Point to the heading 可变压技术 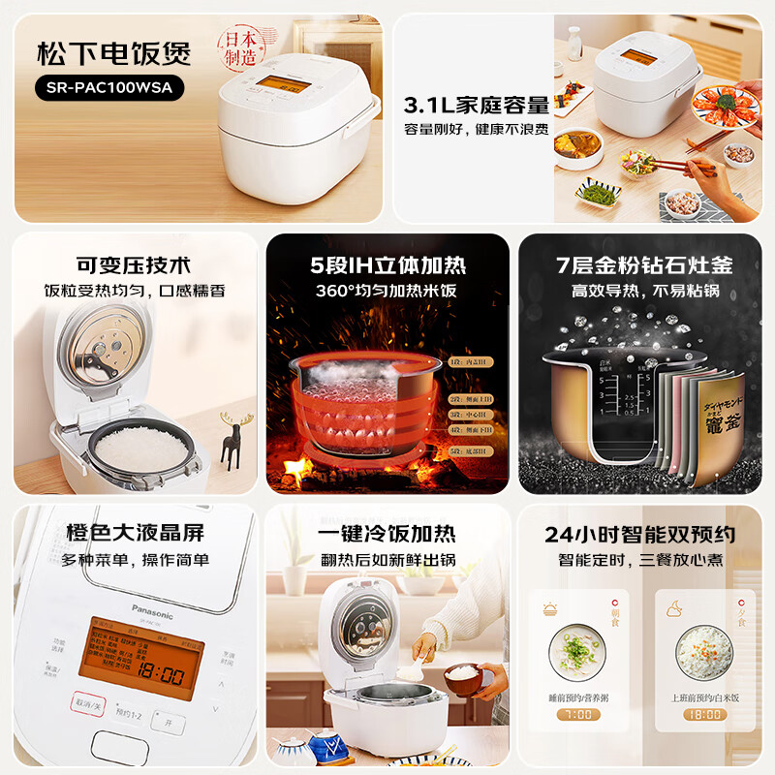tap(135, 265)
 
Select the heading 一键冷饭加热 tap(387, 534)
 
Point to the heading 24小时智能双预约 tap(639, 534)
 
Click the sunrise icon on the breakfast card tap(549, 609)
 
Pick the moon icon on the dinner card tap(674, 609)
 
